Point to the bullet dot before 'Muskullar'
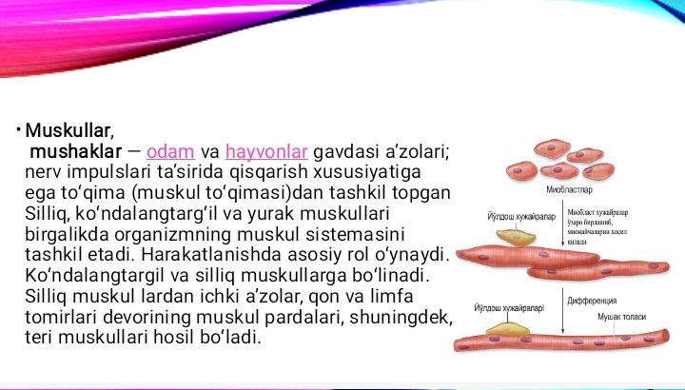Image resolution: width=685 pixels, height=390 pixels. tap(18, 130)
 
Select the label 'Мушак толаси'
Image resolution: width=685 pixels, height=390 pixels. tap(621, 316)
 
